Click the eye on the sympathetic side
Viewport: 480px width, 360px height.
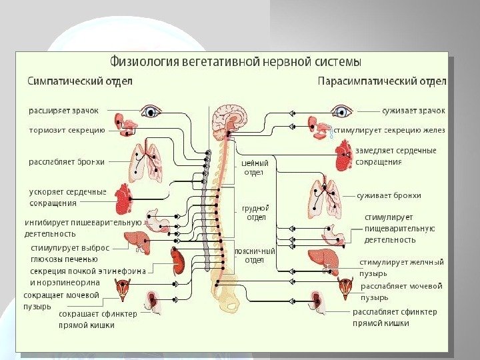[x=153, y=111]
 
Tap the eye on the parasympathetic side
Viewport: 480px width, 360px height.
[x=343, y=111]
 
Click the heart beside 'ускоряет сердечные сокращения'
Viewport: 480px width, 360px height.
[x=124, y=197]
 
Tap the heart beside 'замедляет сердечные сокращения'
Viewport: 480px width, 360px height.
[x=344, y=160]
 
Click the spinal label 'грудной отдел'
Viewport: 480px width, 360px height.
[x=257, y=213]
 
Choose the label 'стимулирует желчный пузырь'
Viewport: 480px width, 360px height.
[x=400, y=267]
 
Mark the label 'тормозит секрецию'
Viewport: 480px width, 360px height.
[x=67, y=131]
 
